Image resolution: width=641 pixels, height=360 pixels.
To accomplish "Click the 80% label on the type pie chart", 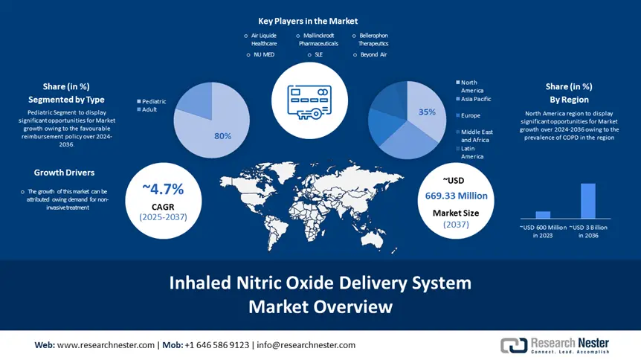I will point(222,136).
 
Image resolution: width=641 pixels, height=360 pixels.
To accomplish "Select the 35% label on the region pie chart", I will point(427,112).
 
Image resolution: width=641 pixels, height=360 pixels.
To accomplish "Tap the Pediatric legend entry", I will point(152,101).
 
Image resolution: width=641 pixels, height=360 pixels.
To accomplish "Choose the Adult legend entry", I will point(149,109).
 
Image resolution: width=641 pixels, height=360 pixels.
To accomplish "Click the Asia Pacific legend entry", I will point(475,99).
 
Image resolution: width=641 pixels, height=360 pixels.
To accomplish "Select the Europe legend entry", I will point(470,115).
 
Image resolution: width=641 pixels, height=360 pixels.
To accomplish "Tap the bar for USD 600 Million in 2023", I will point(543,214).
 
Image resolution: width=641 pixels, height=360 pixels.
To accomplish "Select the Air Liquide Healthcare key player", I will point(263,39).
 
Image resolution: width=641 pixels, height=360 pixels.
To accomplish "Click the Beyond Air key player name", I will point(373,55).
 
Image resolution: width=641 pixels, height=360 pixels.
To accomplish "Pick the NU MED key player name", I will point(264,55).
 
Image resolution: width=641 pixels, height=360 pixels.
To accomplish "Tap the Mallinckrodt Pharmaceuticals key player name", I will point(318,39).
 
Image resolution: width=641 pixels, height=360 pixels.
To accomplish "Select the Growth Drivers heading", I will point(64,173).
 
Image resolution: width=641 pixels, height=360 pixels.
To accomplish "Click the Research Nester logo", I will point(555,345).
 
